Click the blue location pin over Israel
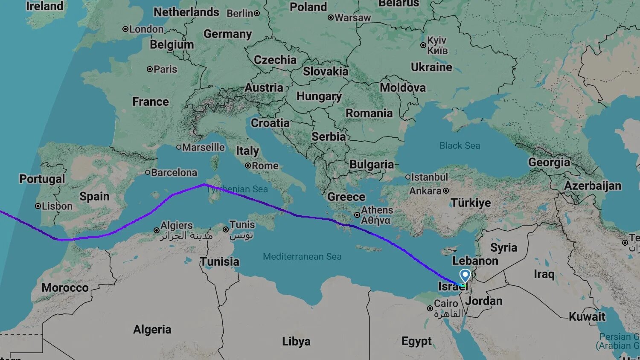tap(465, 275)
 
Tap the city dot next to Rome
tap(247, 165)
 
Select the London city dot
tap(125, 29)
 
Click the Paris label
tap(165, 69)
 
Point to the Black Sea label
tap(460, 146)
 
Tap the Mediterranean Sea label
tap(302, 256)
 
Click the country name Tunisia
tap(220, 261)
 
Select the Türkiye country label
tap(471, 203)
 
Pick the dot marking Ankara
tap(446, 191)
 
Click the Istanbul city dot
tap(407, 177)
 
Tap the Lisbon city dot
tap(38, 206)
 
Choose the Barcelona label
tap(174, 172)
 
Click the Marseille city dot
tap(179, 147)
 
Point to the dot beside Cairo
tap(430, 308)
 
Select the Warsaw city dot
tap(330, 17)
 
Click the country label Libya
tap(296, 341)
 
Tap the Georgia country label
tap(549, 162)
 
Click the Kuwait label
tap(587, 316)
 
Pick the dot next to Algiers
tap(157, 230)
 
